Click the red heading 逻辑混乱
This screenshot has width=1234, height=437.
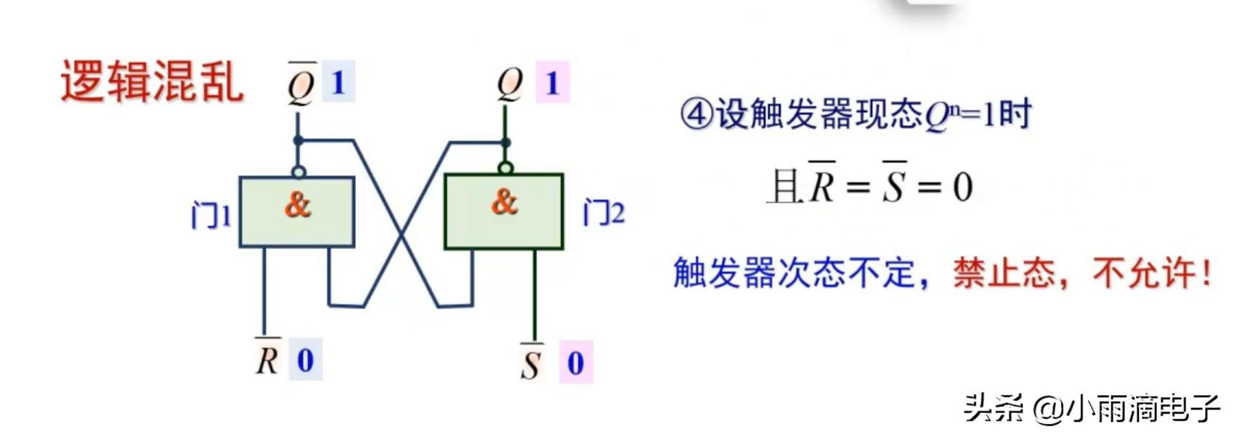point(151,81)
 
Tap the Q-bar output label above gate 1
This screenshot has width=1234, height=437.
point(301,84)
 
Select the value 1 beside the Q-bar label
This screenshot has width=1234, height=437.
point(338,82)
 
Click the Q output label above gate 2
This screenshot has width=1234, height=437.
point(510,83)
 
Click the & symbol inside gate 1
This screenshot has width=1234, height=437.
point(297,205)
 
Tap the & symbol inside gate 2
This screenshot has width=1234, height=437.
point(504,201)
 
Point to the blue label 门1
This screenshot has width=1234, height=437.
point(210,216)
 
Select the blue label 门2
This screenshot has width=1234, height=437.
point(604,213)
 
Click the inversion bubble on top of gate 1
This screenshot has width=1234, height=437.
point(299,172)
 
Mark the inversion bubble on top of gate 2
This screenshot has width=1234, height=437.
point(506,168)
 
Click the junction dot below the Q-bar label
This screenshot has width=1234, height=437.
point(298,140)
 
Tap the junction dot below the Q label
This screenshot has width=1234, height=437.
point(506,142)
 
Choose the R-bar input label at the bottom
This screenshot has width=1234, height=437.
point(267,358)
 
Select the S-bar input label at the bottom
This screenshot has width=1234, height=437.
point(531,362)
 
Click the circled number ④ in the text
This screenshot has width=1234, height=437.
point(696,115)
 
